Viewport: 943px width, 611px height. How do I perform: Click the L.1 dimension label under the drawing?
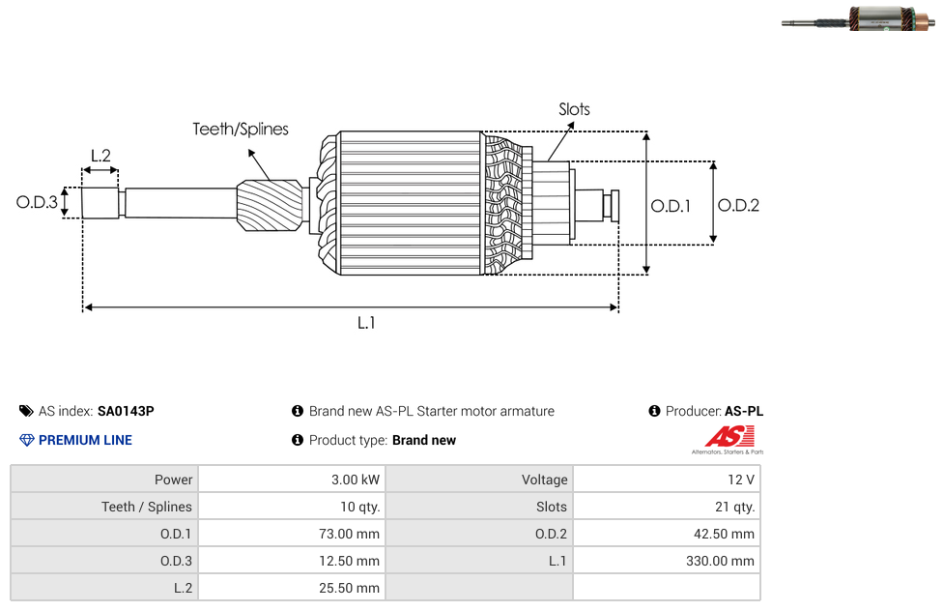pyautogui.click(x=366, y=323)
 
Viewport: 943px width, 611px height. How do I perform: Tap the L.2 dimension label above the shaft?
pyautogui.click(x=100, y=156)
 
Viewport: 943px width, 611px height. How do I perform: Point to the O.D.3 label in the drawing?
pyautogui.click(x=37, y=202)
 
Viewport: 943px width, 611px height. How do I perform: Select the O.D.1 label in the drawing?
pyautogui.click(x=671, y=206)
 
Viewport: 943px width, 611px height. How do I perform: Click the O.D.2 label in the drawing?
pyautogui.click(x=738, y=205)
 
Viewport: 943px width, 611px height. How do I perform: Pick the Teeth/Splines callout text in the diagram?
pyautogui.click(x=241, y=129)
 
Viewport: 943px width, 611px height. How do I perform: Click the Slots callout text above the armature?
pyautogui.click(x=574, y=109)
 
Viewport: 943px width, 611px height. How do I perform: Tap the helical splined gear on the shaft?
pyautogui.click(x=270, y=205)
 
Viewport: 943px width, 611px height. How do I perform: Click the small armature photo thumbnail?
pyautogui.click(x=858, y=18)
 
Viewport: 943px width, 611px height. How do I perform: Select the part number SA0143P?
pyautogui.click(x=126, y=411)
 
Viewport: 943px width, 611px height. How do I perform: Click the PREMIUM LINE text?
pyautogui.click(x=85, y=440)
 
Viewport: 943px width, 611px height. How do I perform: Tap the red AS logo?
pyautogui.click(x=729, y=437)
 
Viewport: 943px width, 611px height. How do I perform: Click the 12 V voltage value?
pyautogui.click(x=741, y=480)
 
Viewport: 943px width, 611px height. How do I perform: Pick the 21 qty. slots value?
pyautogui.click(x=735, y=507)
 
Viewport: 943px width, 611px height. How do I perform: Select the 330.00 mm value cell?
pyautogui.click(x=667, y=561)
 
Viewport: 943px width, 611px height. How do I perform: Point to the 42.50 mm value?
pyautogui.click(x=724, y=534)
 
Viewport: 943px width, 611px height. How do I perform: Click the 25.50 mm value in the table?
pyautogui.click(x=350, y=588)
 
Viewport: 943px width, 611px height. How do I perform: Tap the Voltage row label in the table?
pyautogui.click(x=544, y=480)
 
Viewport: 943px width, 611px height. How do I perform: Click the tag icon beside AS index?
pyautogui.click(x=26, y=411)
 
